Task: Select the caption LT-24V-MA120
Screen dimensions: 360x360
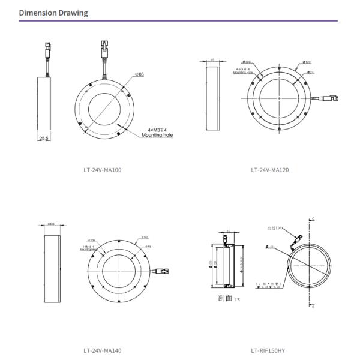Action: tap(269, 170)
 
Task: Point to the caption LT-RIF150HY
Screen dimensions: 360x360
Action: tap(269, 350)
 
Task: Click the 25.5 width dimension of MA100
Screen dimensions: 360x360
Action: tap(43, 138)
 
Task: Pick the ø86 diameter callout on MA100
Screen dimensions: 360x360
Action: tap(139, 74)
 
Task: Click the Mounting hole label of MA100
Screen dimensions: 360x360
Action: tap(157, 136)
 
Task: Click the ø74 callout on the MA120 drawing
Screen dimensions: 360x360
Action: tap(311, 73)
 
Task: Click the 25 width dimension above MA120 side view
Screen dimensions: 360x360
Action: tap(212, 60)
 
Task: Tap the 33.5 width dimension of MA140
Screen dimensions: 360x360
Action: tap(51, 224)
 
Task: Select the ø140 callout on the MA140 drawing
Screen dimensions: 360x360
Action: tap(145, 238)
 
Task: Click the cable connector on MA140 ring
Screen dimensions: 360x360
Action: tap(163, 272)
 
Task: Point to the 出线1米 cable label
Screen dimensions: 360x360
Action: tap(277, 229)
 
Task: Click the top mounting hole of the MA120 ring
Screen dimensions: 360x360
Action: tap(280, 67)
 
